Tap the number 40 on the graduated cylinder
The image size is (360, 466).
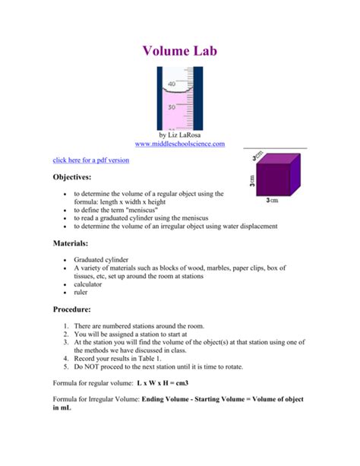click(172, 84)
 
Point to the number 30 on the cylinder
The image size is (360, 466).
click(172, 107)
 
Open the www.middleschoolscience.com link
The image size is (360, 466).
click(180, 143)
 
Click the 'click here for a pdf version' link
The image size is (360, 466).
click(90, 160)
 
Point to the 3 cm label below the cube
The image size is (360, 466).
click(273, 201)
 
